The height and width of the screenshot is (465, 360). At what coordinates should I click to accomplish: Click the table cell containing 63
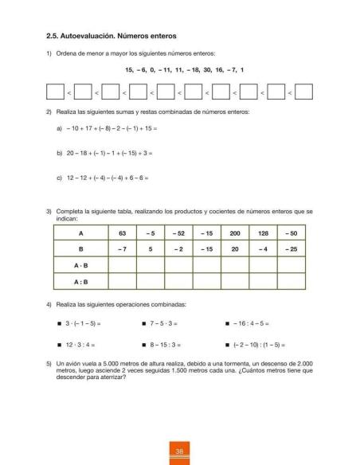pos(123,233)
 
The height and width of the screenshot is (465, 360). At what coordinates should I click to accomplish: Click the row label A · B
pos(80,264)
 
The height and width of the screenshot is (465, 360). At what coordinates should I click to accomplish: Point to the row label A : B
pos(80,280)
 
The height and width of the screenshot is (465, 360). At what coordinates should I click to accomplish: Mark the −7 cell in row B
pos(123,249)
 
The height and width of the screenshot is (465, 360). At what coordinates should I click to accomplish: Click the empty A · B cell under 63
pos(123,264)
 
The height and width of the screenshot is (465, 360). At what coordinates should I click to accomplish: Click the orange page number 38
pos(180,451)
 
